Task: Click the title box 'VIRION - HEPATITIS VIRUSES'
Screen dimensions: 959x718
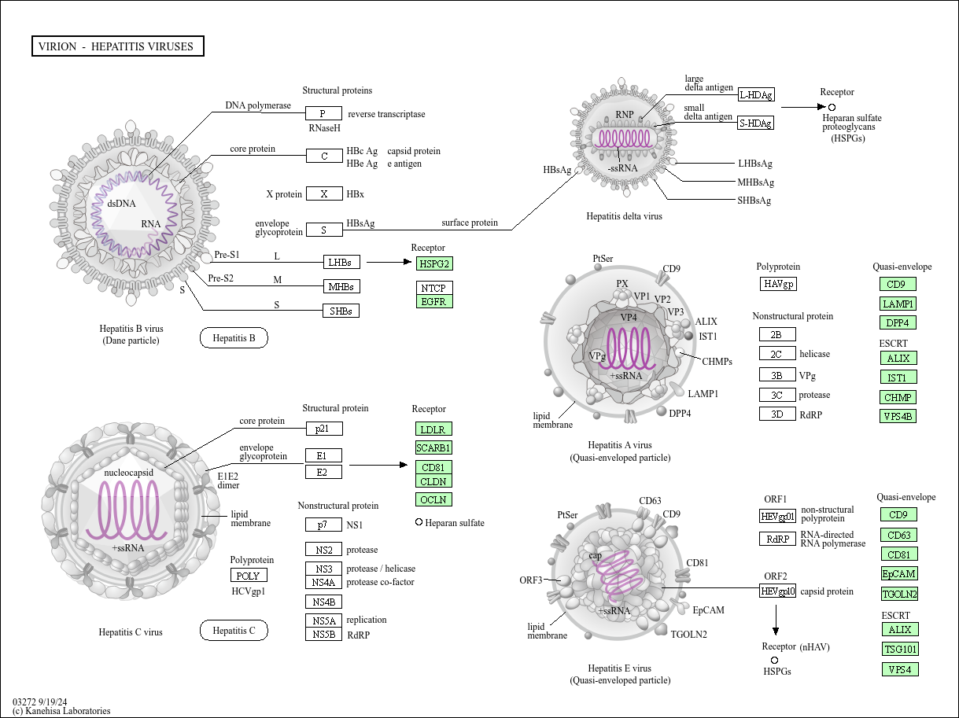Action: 118,46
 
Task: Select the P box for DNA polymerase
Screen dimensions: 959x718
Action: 324,113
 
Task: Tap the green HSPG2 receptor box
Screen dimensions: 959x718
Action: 434,263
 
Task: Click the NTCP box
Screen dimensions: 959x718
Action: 434,288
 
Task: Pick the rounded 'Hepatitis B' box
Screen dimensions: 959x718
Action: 234,337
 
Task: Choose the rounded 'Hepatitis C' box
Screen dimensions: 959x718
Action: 234,630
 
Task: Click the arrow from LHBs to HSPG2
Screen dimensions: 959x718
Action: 389,262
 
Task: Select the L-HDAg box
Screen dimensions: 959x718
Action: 756,94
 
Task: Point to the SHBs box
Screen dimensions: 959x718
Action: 341,311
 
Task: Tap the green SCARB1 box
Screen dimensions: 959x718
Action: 433,447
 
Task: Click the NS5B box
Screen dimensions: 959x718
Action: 324,634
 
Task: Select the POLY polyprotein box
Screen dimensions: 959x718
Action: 249,575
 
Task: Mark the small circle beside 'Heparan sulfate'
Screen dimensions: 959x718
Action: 419,522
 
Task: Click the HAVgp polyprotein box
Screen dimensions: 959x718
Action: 778,284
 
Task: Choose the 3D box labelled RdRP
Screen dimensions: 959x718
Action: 777,414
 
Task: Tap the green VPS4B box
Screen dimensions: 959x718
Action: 898,416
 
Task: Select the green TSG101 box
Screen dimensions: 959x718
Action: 900,649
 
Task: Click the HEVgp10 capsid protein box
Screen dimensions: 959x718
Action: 778,591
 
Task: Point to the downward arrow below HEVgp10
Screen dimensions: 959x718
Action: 776,620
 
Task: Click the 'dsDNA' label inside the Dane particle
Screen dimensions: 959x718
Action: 121,204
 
